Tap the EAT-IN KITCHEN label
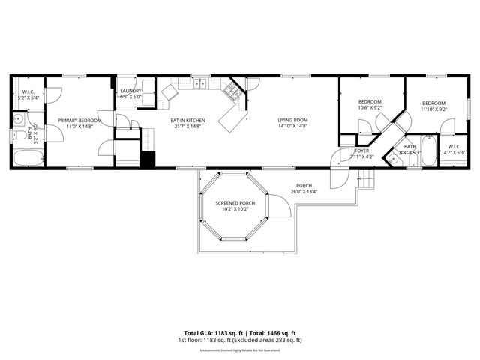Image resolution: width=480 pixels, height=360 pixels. (187, 120)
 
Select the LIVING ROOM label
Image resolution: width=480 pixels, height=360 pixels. (292, 120)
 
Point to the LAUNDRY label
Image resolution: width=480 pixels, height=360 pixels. (131, 91)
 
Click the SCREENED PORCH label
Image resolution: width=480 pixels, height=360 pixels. (235, 203)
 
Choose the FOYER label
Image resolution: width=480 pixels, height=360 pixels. (361, 151)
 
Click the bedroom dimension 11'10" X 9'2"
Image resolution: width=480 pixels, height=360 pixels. (433, 109)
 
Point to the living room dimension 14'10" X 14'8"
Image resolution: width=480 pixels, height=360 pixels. (292, 126)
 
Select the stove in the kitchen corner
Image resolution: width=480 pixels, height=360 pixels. (232, 92)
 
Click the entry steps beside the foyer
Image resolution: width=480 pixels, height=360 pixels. (366, 180)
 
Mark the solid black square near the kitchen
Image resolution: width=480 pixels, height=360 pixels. (148, 159)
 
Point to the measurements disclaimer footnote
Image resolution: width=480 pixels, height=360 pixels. (240, 350)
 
